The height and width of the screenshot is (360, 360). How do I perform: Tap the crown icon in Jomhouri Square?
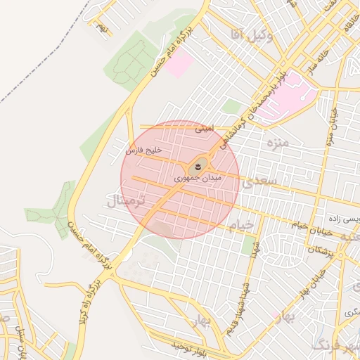click(x=198, y=167)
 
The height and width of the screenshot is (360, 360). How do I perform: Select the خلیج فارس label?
click(x=144, y=150)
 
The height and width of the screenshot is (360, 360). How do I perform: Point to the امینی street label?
click(x=202, y=129)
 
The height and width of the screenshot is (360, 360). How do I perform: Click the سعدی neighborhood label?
click(x=259, y=182)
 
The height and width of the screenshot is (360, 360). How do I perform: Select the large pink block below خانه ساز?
click(x=292, y=96)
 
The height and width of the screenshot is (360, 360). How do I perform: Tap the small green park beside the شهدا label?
click(x=247, y=245)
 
